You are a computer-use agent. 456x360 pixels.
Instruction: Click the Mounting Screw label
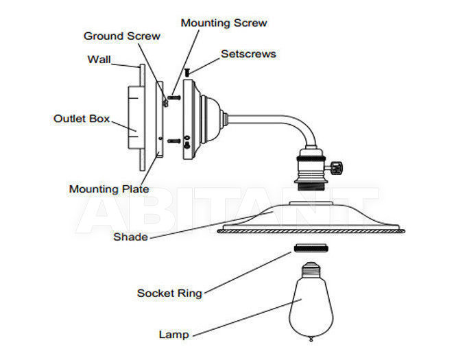click(x=224, y=23)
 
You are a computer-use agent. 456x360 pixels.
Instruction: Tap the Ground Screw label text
click(x=122, y=36)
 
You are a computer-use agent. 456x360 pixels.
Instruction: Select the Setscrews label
click(x=248, y=53)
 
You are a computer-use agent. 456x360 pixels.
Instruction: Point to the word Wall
click(x=99, y=60)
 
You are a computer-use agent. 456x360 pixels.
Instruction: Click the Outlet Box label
click(x=82, y=119)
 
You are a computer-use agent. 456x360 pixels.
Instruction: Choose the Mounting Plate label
click(x=109, y=189)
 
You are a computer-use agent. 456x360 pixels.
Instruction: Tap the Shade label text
click(x=130, y=237)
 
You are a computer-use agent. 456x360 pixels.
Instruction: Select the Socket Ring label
click(x=169, y=293)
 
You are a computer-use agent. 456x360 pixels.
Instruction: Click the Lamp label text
click(x=174, y=335)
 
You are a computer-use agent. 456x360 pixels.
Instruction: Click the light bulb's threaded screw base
click(x=311, y=269)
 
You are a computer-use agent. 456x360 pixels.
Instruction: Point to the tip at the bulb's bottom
click(x=311, y=339)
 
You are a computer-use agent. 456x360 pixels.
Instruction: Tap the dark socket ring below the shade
click(x=311, y=248)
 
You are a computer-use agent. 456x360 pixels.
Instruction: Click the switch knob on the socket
click(x=337, y=167)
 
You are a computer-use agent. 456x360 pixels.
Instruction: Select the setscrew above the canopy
click(x=187, y=73)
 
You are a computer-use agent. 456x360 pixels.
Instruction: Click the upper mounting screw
click(x=174, y=97)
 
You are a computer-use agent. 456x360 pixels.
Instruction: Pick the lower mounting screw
click(x=174, y=141)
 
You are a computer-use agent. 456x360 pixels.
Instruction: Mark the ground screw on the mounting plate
click(x=166, y=103)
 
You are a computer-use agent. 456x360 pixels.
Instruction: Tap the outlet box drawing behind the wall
click(x=136, y=117)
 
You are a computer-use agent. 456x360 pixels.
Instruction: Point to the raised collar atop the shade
click(x=311, y=203)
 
